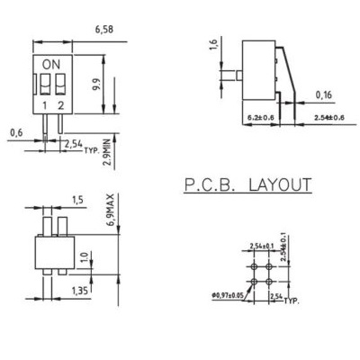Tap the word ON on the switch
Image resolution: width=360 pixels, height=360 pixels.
52,64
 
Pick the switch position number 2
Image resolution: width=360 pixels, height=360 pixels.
60,107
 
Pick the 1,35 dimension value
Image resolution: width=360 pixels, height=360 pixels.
80,290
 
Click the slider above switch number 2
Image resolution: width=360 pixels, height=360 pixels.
59,84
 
